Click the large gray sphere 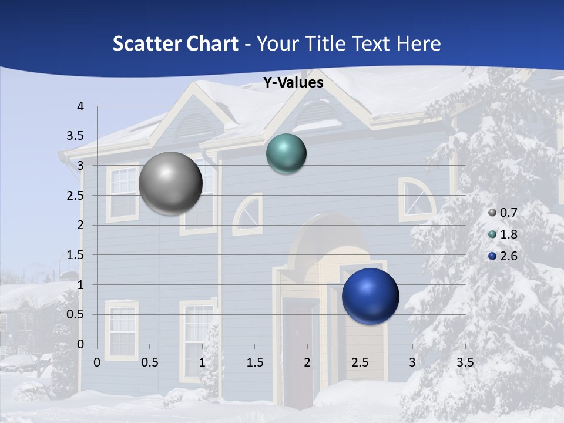(170, 183)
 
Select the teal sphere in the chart (286, 154)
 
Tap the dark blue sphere (370, 296)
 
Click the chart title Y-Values (293, 83)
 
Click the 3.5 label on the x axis (465, 362)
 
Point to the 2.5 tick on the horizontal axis (360, 362)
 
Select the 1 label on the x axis (202, 362)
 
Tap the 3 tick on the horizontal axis (412, 362)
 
